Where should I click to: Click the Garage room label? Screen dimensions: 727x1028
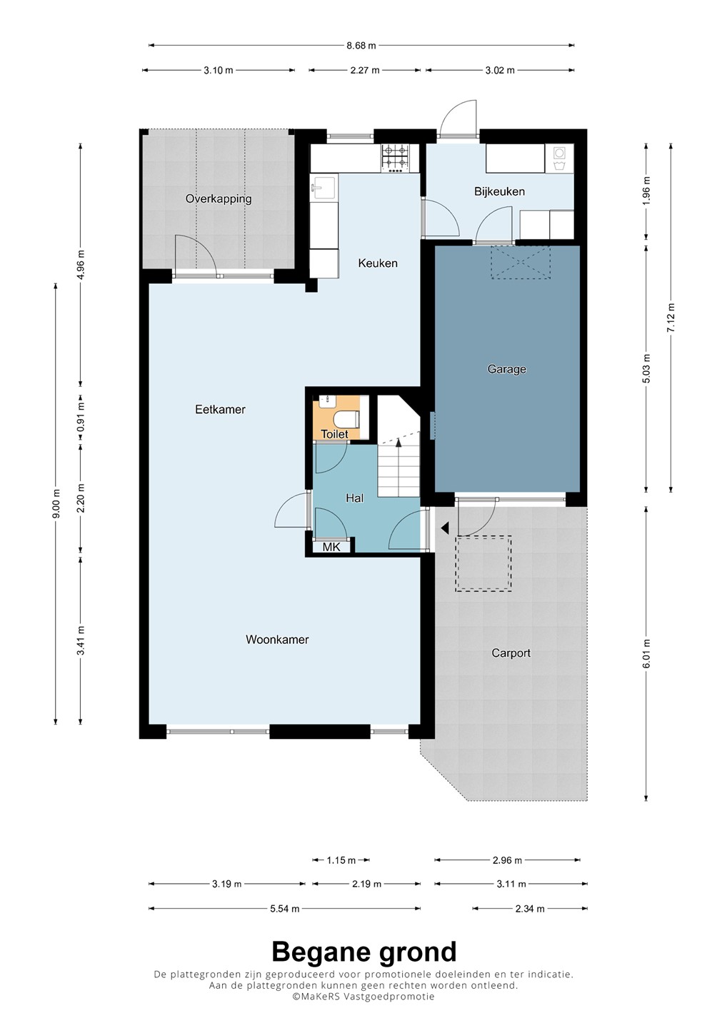coord(507,370)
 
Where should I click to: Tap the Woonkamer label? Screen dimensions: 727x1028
coord(277,640)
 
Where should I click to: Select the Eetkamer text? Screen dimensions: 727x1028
coord(220,409)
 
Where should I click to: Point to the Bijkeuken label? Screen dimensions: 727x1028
coord(499,191)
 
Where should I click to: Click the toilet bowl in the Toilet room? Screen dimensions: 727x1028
coord(346,419)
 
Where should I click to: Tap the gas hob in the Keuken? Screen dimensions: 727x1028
coord(395,158)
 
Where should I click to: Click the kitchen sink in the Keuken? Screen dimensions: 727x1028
coord(324,188)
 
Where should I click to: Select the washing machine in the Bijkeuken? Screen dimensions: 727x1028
coord(559,158)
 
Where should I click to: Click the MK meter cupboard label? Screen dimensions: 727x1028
coord(331,547)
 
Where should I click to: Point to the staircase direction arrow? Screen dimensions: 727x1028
coord(398,443)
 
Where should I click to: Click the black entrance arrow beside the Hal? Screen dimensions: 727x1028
coord(444,528)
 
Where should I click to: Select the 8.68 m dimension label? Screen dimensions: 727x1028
coord(361,46)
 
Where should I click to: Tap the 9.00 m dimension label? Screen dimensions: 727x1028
coord(56,503)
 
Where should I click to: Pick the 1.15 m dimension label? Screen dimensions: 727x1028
coord(341,860)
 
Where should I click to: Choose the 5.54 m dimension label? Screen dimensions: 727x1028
coord(284,908)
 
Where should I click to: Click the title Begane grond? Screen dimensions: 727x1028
coord(364,952)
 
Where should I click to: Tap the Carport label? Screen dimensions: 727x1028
coord(511,653)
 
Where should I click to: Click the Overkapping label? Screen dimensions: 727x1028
coord(219,199)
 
